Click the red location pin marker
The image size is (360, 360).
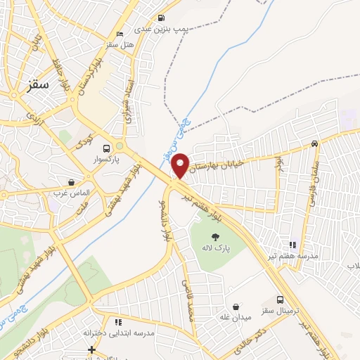click(x=181, y=165)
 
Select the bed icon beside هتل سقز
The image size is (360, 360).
click(x=120, y=34)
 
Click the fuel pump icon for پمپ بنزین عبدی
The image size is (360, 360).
click(x=162, y=18)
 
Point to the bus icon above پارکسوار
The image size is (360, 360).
click(x=106, y=149)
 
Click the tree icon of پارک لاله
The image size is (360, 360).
click(x=214, y=237)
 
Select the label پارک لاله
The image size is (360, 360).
click(x=217, y=249)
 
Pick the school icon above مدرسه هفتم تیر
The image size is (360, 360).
click(x=292, y=245)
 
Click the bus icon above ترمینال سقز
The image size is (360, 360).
click(x=281, y=300)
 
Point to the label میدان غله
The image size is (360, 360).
click(x=236, y=319)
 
